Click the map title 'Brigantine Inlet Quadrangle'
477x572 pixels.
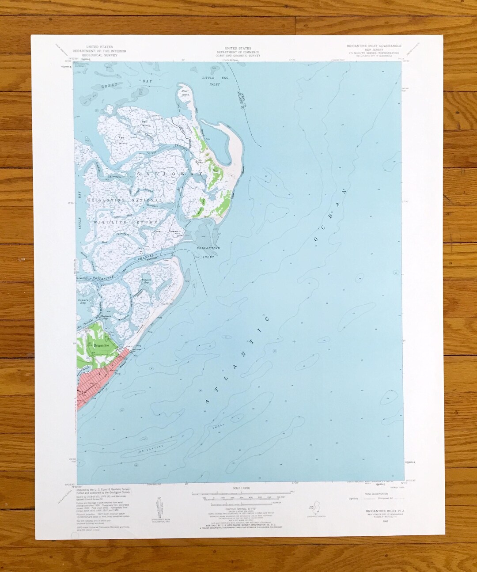point(374,46)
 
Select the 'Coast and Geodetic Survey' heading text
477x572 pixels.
point(238,56)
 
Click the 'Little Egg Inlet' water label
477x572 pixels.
point(211,80)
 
